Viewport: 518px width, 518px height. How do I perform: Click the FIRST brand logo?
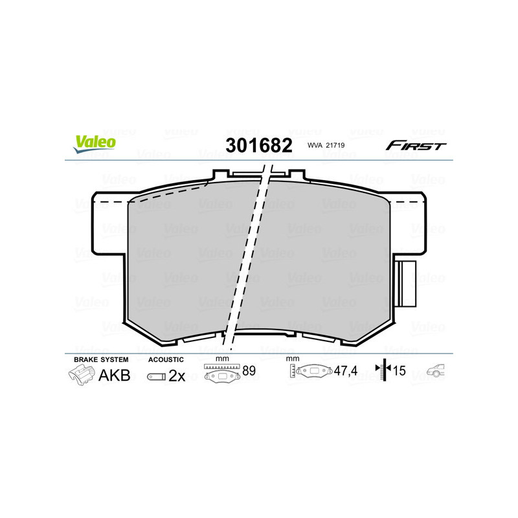pos(416,146)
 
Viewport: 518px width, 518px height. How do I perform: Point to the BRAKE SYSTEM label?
pos(101,359)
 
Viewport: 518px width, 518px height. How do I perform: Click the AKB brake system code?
pos(114,375)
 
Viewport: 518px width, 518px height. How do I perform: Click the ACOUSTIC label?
pos(166,359)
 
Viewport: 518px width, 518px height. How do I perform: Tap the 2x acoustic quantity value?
pos(177,376)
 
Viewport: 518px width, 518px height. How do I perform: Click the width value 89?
pos(249,371)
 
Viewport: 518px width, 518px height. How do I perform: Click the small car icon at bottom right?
pos(435,371)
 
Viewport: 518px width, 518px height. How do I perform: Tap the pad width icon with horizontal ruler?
pos(221,373)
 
